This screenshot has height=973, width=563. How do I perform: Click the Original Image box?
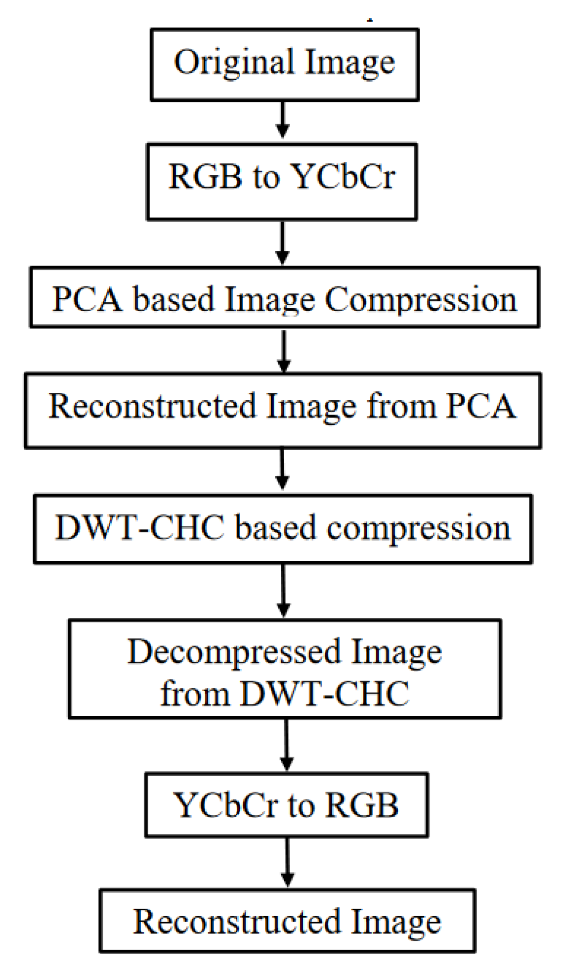284,65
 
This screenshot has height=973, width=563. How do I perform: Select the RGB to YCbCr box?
282,182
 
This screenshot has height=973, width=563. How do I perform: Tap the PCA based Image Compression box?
284,297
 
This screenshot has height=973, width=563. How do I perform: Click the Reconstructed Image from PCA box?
283,411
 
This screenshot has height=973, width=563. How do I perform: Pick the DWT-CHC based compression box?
283,528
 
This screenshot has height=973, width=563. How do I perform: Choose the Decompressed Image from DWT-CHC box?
285,668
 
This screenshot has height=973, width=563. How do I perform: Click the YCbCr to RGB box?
286,805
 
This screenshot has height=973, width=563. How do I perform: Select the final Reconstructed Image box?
287,921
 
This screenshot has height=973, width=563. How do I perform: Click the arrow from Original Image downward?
282,120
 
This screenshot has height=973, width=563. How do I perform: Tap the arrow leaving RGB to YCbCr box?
282,242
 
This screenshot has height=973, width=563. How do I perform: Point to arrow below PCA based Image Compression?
284,350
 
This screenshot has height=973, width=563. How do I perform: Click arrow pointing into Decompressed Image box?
283,590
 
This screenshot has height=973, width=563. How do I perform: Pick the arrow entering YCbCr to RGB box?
287,744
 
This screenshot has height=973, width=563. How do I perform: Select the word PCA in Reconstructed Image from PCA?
480,407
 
